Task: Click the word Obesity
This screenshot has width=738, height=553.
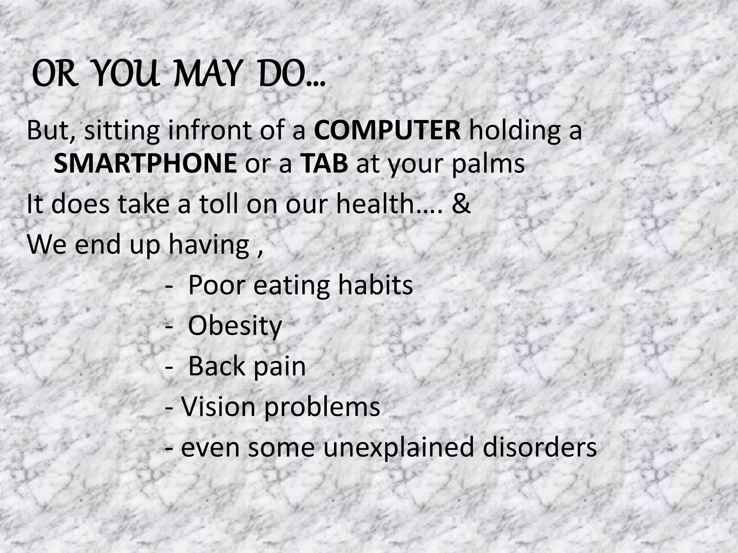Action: coord(235,326)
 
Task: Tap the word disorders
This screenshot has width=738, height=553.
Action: coord(539,448)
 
